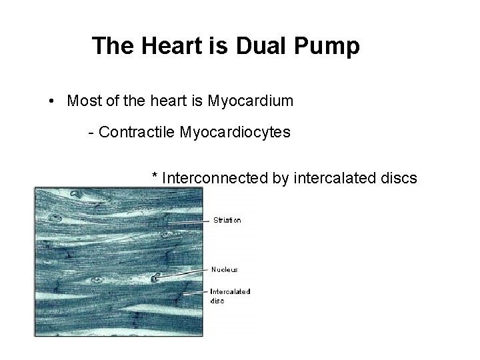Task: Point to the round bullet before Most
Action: pos(52,101)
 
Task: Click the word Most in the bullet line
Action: pos(85,101)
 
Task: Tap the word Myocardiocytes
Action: pos(235,132)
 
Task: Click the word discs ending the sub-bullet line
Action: pos(399,178)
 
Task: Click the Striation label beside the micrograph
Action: pos(227,220)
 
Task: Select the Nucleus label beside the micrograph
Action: pos(225,269)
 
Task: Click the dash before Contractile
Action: pos(91,132)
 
